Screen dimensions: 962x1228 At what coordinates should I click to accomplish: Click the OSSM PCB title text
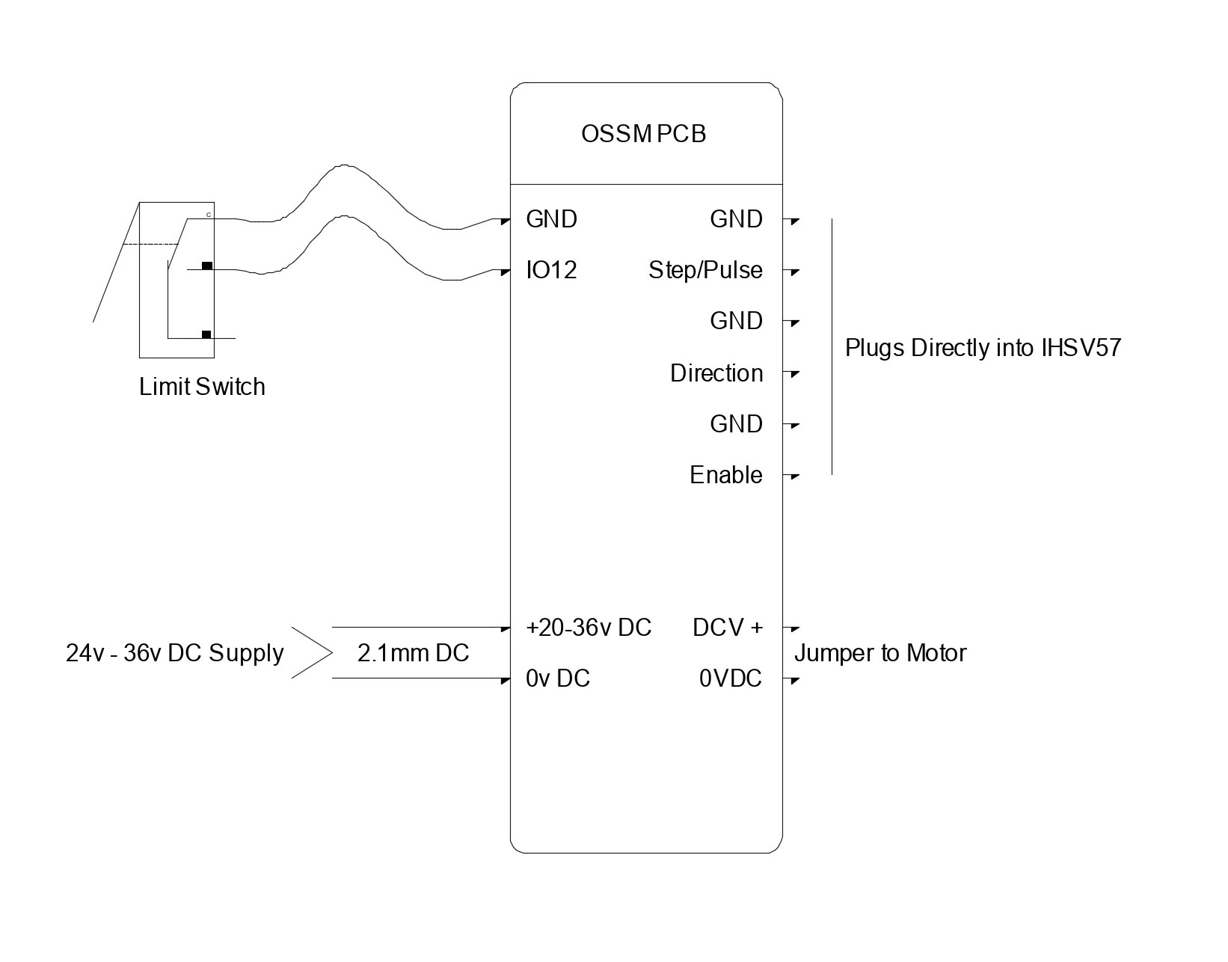[x=643, y=135]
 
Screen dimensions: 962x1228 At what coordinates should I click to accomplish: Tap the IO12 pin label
[x=551, y=270]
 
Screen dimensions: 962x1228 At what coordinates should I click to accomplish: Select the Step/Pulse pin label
[x=705, y=270]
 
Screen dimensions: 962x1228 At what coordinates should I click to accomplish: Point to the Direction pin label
[x=716, y=373]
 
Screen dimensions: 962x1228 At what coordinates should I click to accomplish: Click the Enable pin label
[x=725, y=475]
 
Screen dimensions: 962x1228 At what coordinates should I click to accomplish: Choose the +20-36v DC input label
[x=589, y=628]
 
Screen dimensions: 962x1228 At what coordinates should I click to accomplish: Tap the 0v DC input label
[x=558, y=678]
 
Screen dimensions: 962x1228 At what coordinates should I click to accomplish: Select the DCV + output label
[x=728, y=628]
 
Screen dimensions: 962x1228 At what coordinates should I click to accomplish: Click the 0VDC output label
[x=731, y=678]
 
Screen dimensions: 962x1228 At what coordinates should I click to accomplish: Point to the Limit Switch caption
[x=202, y=387]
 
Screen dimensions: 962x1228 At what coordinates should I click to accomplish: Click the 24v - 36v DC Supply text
[x=174, y=653]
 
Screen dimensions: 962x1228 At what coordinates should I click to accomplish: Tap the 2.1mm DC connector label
[x=413, y=653]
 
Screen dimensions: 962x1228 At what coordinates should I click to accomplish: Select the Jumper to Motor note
[x=880, y=653]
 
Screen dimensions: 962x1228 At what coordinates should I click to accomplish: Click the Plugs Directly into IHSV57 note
[x=983, y=348]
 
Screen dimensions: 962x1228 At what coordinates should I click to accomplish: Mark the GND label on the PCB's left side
[x=551, y=219]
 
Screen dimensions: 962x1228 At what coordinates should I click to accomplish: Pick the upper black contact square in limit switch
[x=207, y=266]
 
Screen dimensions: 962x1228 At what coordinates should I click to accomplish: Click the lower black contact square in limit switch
[x=206, y=334]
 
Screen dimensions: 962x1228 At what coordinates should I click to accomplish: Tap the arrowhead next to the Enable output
[x=795, y=477]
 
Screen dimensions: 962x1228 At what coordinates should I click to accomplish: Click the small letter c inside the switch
[x=209, y=215]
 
